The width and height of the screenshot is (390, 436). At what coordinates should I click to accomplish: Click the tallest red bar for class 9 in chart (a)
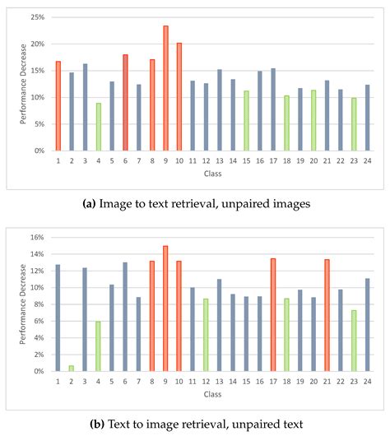[x=165, y=89]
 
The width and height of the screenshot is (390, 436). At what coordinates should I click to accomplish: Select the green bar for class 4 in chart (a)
[x=99, y=127]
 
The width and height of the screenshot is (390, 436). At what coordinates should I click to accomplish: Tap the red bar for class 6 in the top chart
[x=125, y=103]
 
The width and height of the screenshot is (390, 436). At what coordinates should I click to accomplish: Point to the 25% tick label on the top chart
[x=38, y=16]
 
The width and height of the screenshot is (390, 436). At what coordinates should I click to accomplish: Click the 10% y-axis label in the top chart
[x=38, y=97]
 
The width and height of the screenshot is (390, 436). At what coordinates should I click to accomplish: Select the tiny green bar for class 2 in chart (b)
[x=72, y=368]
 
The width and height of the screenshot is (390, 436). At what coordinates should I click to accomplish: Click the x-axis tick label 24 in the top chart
[x=367, y=162]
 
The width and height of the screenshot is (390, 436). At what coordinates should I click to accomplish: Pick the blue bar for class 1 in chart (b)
[x=58, y=318]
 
